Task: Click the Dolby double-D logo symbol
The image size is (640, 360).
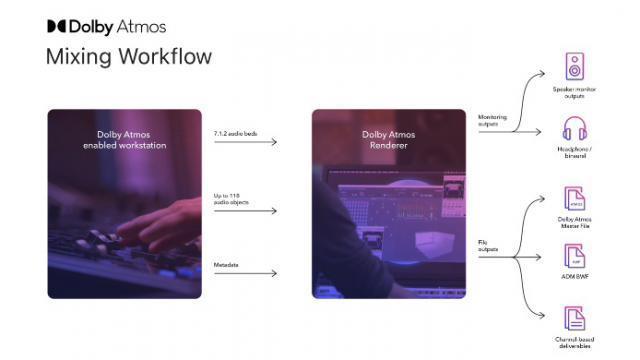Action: click(56, 26)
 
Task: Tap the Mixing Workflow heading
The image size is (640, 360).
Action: click(128, 56)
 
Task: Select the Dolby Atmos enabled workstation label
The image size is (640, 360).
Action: click(125, 140)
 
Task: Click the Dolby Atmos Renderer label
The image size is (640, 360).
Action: click(389, 140)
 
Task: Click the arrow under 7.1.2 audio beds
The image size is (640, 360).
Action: click(246, 142)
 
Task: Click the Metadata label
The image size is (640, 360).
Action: click(227, 264)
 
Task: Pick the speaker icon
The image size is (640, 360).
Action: click(574, 66)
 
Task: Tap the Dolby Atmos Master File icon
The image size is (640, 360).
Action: click(574, 197)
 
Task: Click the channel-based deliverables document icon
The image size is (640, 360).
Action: click(574, 319)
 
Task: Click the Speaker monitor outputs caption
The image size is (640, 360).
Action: click(575, 90)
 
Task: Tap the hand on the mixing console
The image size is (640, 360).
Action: click(160, 220)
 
